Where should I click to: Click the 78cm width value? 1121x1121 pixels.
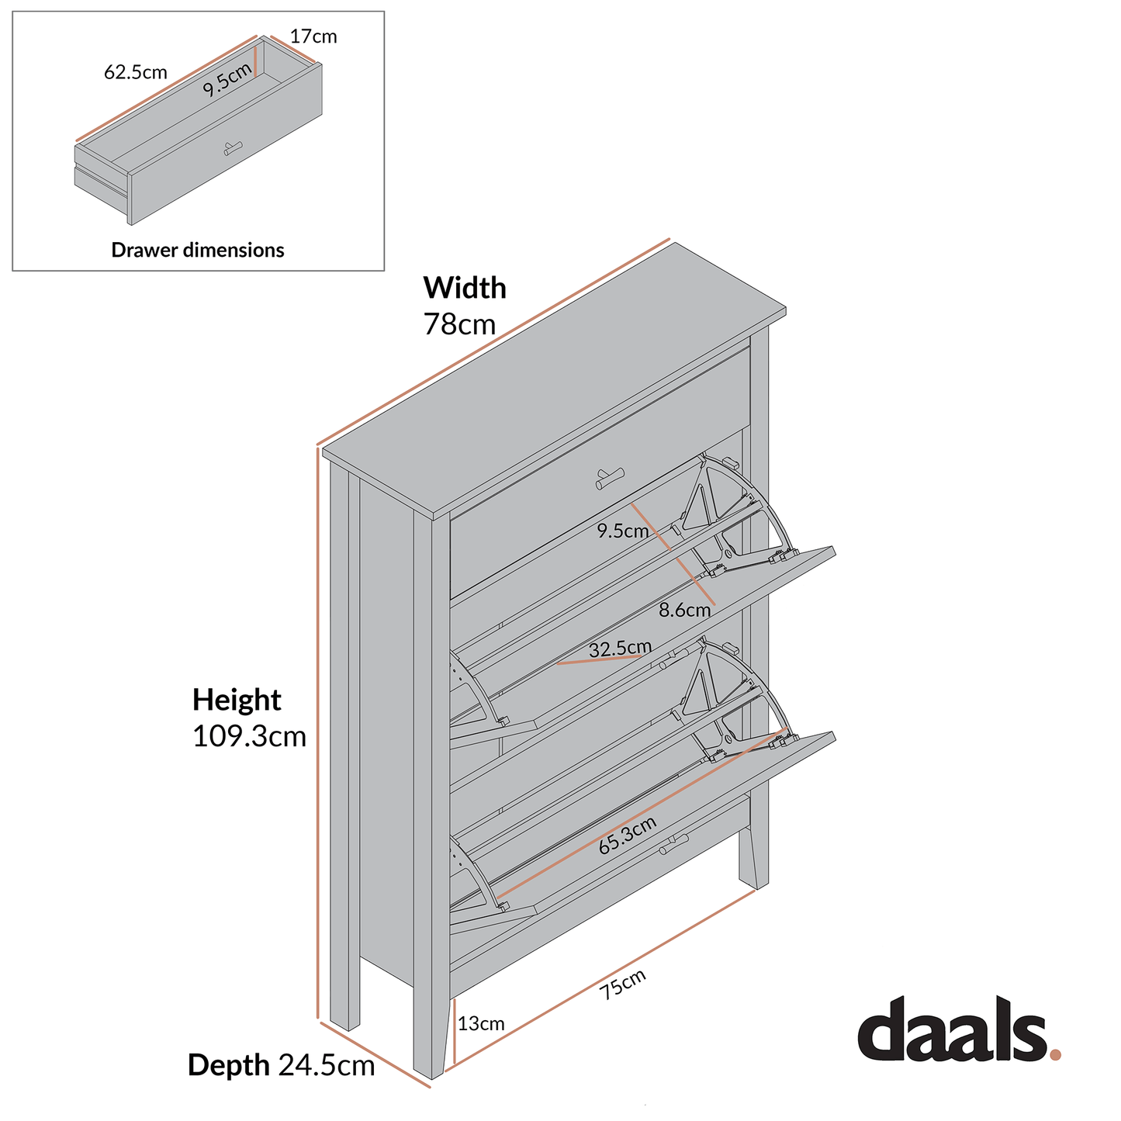(459, 324)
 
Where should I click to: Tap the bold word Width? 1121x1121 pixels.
(465, 288)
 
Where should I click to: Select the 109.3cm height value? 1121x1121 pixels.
(249, 736)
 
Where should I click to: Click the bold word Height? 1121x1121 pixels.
(237, 700)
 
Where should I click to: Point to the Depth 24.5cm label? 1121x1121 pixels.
(281, 1066)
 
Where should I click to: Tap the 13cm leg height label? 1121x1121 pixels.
(481, 1024)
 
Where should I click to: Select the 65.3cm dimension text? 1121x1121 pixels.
(628, 836)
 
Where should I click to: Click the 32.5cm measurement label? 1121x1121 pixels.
(620, 649)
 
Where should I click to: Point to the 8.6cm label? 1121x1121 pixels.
(684, 611)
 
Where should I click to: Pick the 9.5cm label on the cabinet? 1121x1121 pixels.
(622, 531)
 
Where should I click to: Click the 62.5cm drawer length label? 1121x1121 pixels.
(136, 72)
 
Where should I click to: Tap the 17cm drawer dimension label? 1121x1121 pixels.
(313, 36)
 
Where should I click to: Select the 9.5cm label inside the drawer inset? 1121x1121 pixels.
(227, 79)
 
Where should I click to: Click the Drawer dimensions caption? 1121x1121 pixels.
(198, 250)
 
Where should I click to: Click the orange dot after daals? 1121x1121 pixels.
(1055, 1054)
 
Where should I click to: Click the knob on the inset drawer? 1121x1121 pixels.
(233, 147)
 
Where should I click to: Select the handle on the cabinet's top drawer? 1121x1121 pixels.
(610, 479)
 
